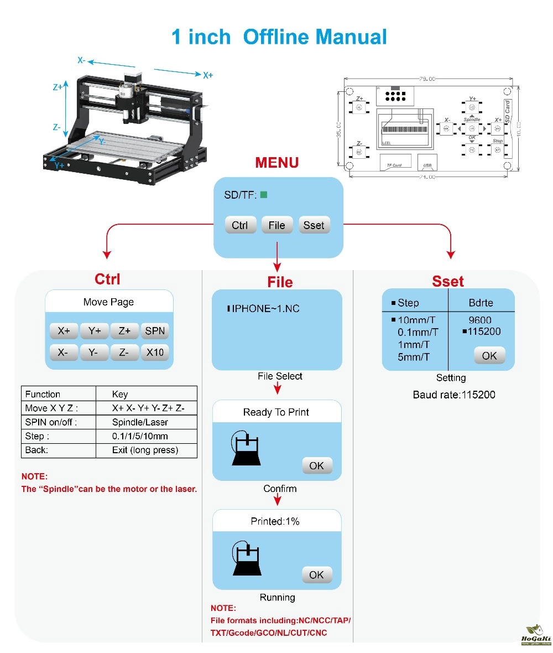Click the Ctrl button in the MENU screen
(241, 225)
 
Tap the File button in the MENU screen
(276, 225)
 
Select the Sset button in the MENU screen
(314, 225)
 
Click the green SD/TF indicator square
(264, 194)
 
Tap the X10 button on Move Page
(155, 352)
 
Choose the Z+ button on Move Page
(124, 331)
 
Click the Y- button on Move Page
(93, 352)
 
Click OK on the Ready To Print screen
(317, 465)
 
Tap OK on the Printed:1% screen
(317, 575)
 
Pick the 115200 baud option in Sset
(484, 331)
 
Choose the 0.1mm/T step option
(418, 332)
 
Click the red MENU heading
(276, 163)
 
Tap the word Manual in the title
(351, 37)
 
